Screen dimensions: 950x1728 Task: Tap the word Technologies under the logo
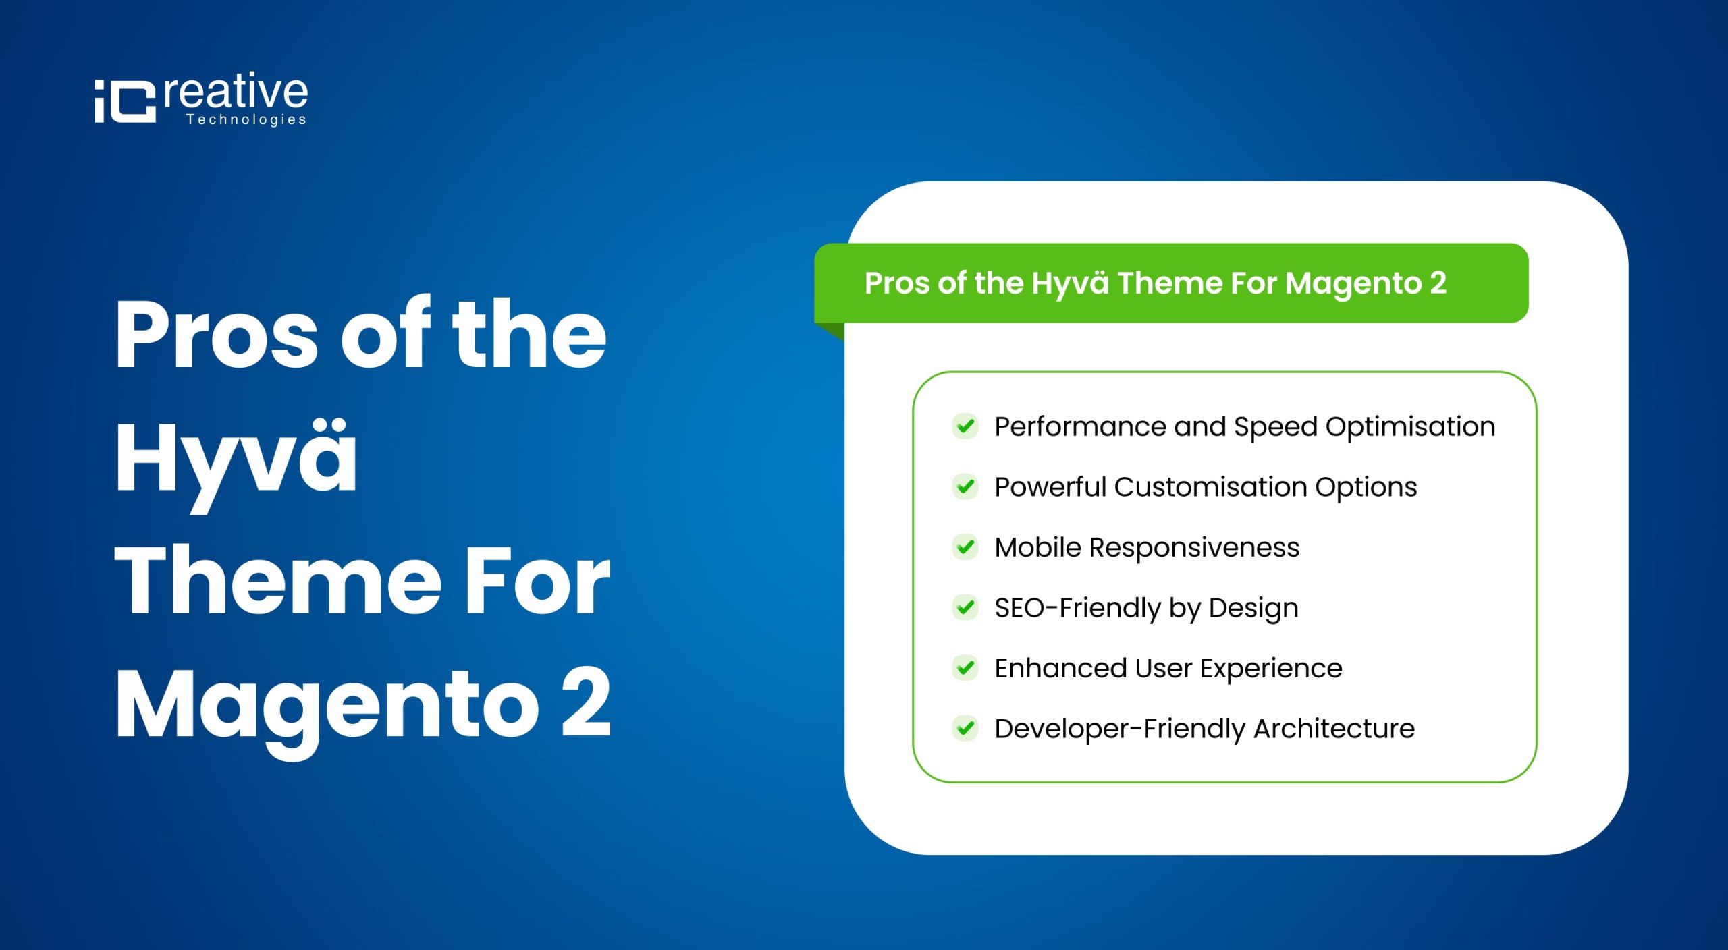click(246, 120)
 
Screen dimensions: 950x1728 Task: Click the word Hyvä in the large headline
click(236, 459)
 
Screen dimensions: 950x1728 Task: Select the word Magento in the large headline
click(327, 706)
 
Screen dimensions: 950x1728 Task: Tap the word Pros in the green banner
click(897, 283)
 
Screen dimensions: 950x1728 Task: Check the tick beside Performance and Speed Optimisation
click(965, 426)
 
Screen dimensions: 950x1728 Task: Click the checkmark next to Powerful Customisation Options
click(965, 486)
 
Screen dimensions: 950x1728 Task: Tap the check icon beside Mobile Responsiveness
click(965, 547)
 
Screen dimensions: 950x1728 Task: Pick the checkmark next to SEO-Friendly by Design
click(965, 607)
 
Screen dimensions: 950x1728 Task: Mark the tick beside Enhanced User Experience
click(965, 668)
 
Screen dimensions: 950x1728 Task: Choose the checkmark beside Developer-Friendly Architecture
click(965, 729)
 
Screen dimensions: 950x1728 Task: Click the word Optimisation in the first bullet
click(1410, 427)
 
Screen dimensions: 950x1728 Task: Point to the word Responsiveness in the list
click(1194, 548)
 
